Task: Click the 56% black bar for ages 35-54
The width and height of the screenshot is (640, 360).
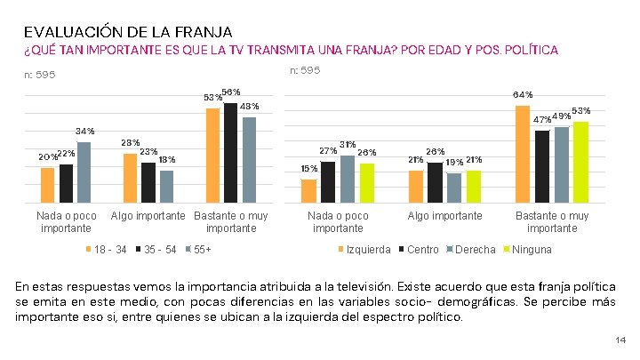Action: pyautogui.click(x=230, y=154)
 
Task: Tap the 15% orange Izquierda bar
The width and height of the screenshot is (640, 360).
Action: pyautogui.click(x=308, y=192)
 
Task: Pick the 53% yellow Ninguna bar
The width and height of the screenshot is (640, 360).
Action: pyautogui.click(x=580, y=163)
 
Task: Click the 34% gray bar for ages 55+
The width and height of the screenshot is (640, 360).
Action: pyautogui.click(x=84, y=173)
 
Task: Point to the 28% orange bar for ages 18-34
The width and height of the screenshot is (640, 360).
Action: pyautogui.click(x=130, y=179)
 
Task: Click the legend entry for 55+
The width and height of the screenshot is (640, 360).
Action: pyautogui.click(x=202, y=249)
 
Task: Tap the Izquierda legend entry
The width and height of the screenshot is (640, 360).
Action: pyautogui.click(x=367, y=249)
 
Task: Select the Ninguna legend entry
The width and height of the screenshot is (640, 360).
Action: pyautogui.click(x=531, y=249)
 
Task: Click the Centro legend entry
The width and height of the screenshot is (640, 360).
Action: pyautogui.click(x=421, y=249)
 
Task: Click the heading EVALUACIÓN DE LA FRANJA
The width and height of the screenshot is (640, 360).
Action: pyautogui.click(x=128, y=32)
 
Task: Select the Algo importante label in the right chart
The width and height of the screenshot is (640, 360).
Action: pyautogui.click(x=444, y=216)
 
